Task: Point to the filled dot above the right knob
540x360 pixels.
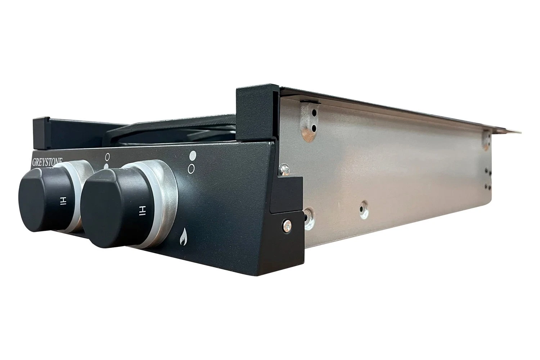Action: coord(193,155)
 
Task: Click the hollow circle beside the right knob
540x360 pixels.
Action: coord(191,169)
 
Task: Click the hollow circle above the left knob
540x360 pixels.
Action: coord(108,157)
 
